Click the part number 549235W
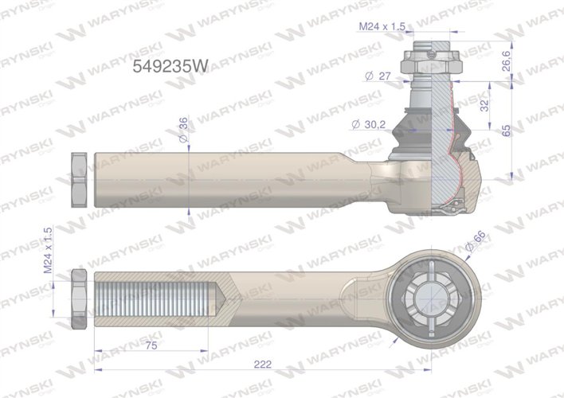pyautogui.click(x=168, y=68)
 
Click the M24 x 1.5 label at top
pyautogui.click(x=382, y=26)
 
